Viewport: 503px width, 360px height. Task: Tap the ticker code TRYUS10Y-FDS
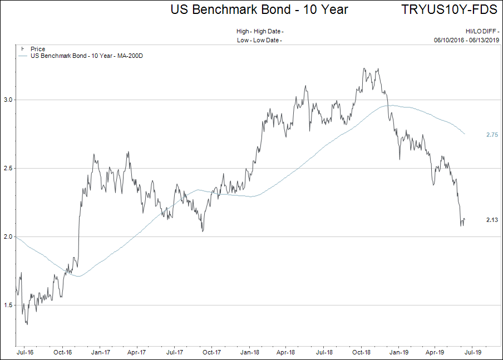point(449,9)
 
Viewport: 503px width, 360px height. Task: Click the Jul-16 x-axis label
point(25,352)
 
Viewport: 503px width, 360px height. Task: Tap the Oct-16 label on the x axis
point(62,352)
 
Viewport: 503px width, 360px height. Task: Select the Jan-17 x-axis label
point(100,352)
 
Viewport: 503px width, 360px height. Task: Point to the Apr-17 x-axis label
point(136,352)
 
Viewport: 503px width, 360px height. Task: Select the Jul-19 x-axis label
point(474,352)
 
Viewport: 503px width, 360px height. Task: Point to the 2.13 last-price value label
point(492,220)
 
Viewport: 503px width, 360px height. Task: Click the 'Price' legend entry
point(38,50)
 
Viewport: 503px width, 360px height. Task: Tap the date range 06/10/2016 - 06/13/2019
point(466,40)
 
